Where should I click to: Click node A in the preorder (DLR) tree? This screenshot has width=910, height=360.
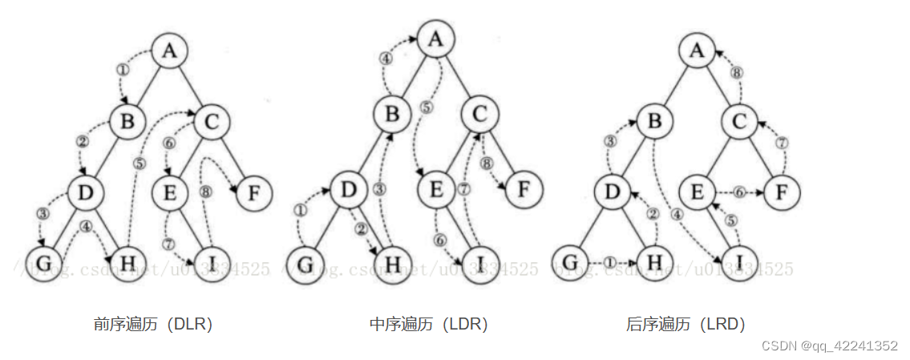(168, 51)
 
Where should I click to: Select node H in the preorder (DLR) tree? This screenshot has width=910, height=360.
(127, 261)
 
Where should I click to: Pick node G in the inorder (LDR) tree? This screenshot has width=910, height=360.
(302, 262)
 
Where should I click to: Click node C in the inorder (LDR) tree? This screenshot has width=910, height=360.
(479, 115)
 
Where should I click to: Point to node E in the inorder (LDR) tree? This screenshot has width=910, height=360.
(436, 191)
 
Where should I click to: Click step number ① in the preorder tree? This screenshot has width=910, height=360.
(123, 70)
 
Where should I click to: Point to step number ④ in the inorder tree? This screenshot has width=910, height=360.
(386, 58)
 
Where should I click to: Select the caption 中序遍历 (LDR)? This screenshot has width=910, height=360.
(428, 324)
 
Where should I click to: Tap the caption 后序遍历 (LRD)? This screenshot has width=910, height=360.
(686, 324)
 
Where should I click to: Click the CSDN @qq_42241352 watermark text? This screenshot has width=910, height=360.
(829, 346)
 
